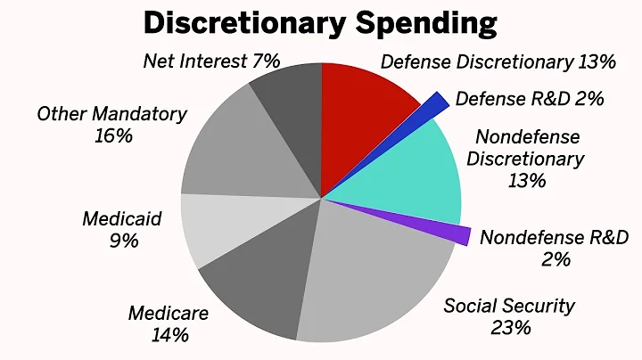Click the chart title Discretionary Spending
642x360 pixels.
320,23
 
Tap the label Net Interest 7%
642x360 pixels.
211,61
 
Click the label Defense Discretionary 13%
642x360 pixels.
498,61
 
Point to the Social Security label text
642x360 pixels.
510,306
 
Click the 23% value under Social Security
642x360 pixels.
510,328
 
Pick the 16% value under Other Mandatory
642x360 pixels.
112,136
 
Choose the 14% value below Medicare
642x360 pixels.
169,335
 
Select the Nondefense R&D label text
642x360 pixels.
554,238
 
